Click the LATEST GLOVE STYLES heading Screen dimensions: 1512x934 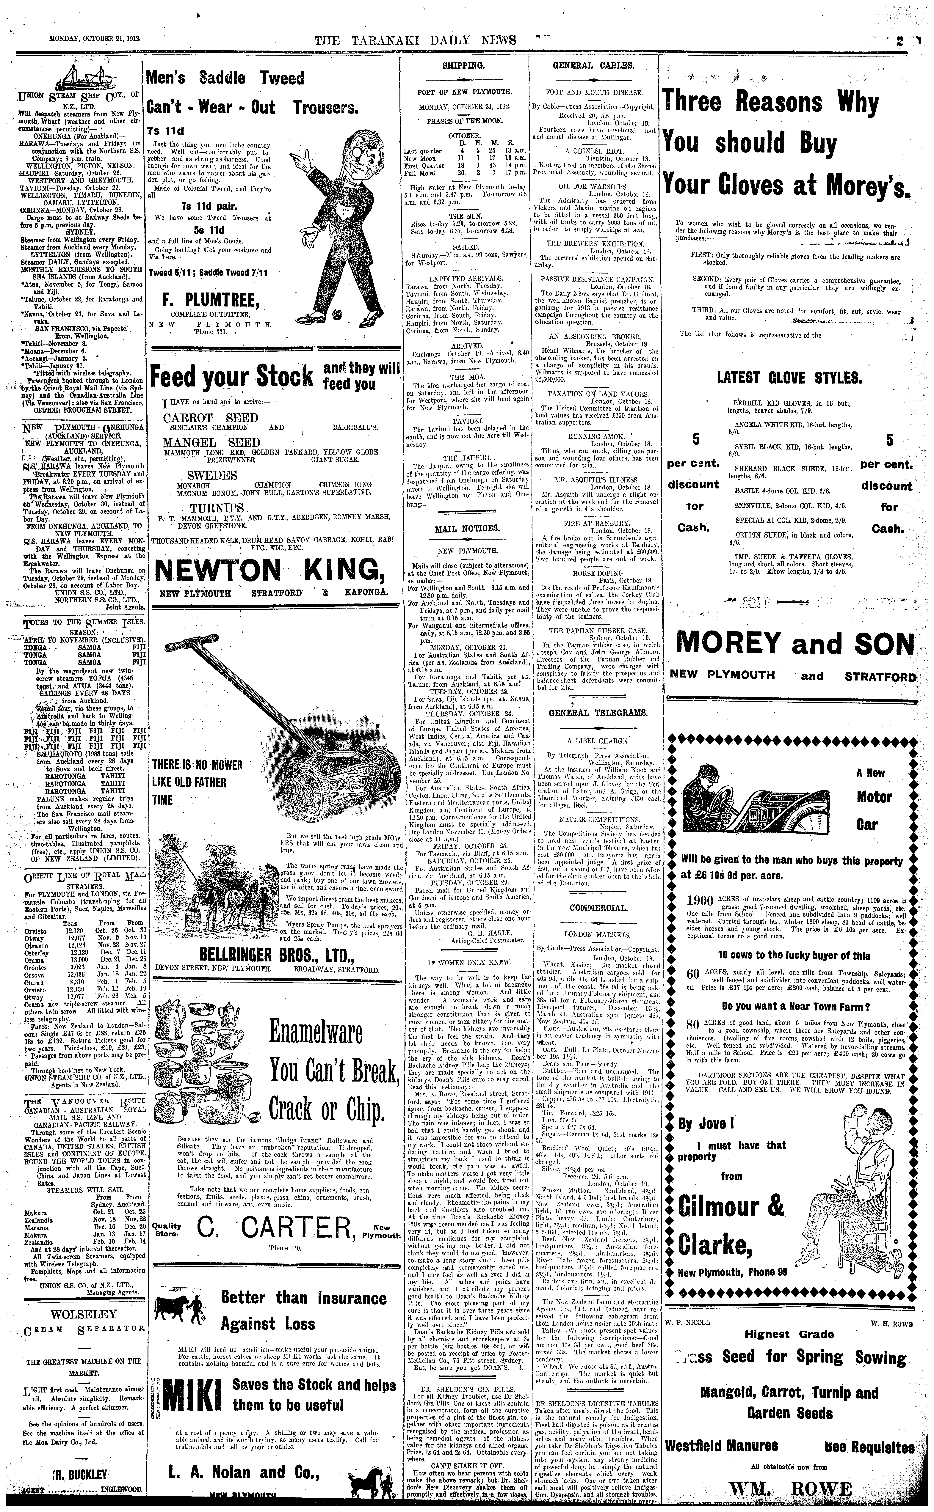(789, 377)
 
